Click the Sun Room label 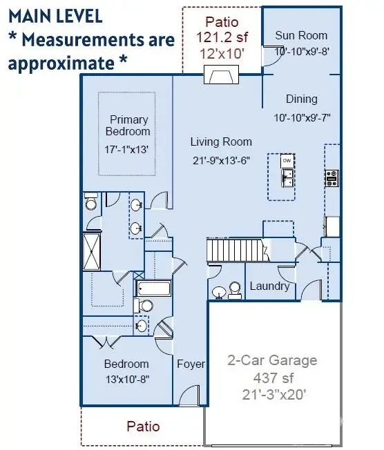coord(301,36)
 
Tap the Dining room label coord(302,99)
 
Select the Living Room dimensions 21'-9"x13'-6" coord(221,160)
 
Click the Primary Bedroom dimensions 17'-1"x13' coord(126,150)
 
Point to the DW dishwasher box coord(287,161)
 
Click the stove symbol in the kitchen coord(332,178)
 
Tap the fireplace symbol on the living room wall coord(221,75)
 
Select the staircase coord(238,250)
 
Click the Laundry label coord(269,286)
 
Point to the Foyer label coord(191,364)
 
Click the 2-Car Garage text coord(272,360)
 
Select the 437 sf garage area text coord(273,378)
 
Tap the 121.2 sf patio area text coord(222,37)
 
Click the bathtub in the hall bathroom coord(153,288)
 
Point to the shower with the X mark coord(92,252)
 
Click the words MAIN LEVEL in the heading coord(55,16)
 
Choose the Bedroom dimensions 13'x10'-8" coord(127,380)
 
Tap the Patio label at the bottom coord(143,427)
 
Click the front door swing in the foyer coord(189,395)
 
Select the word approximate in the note coord(61,63)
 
